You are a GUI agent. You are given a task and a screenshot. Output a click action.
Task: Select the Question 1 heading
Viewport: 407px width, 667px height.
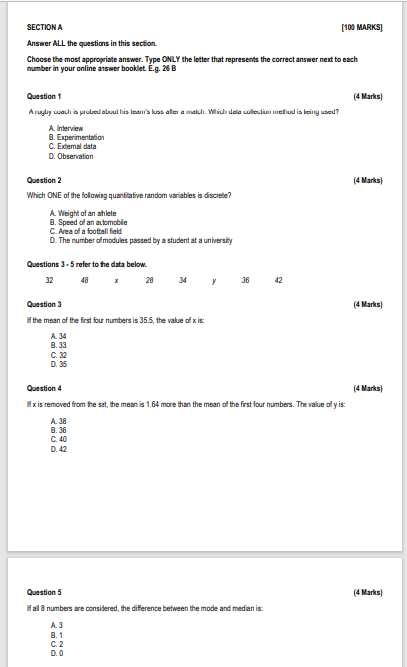45,95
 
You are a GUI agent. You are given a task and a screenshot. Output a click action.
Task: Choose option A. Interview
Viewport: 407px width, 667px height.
66,129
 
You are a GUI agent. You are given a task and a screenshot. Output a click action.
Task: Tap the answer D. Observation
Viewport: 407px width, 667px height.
71,156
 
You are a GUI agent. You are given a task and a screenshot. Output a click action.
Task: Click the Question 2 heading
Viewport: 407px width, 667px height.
45,181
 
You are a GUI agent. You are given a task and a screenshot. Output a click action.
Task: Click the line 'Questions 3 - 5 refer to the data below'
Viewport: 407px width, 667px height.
87,264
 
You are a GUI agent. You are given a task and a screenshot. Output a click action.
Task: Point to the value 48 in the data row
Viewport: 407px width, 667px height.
84,280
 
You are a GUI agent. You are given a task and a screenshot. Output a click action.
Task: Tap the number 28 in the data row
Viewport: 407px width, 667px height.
149,280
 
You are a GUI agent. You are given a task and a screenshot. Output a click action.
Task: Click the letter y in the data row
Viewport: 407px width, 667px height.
214,280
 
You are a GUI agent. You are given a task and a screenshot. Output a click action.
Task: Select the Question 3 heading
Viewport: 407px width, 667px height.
45,303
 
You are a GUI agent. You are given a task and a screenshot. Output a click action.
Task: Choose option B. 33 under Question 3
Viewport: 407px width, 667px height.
57,345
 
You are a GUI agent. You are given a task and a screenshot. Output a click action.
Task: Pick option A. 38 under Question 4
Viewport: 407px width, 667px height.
57,422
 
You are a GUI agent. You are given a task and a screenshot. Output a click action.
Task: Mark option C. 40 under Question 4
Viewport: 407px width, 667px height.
57,439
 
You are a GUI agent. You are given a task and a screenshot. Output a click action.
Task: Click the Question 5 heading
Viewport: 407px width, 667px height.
45,592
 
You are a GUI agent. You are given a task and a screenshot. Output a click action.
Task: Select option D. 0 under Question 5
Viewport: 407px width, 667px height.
56,654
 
